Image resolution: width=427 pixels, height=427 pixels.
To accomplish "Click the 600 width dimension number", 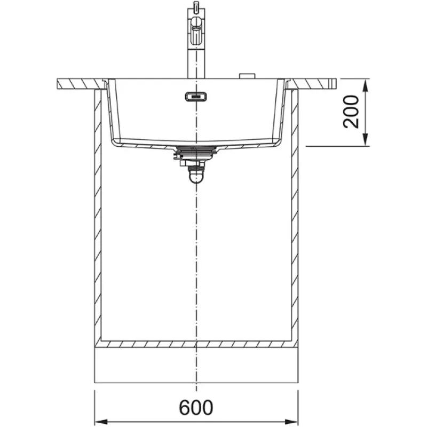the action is click(x=196, y=407).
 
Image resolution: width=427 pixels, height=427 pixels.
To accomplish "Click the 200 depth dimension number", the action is click(x=351, y=112).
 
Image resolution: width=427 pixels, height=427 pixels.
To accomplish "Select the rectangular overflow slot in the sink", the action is click(x=196, y=97).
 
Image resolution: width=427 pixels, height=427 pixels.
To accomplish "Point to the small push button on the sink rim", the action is click(x=247, y=76).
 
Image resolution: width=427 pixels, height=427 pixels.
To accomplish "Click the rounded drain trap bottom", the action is click(x=196, y=178).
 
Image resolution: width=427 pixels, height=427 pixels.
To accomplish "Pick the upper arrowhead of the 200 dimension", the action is click(x=365, y=85).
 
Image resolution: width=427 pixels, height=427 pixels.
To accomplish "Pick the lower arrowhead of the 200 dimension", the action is click(x=365, y=140).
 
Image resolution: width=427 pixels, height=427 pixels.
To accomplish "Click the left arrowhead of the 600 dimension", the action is click(x=101, y=421).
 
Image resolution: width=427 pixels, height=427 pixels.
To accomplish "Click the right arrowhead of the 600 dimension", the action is click(x=291, y=421).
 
